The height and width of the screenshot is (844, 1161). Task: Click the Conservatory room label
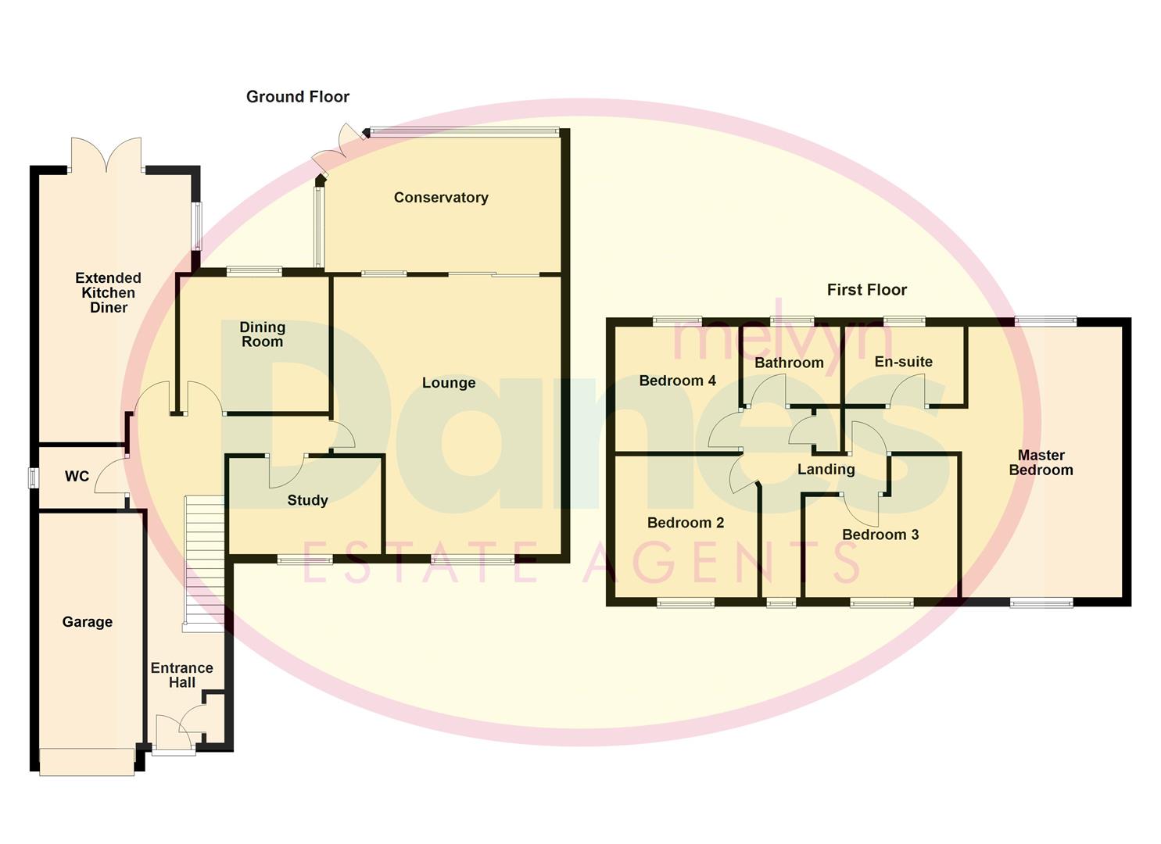tap(441, 198)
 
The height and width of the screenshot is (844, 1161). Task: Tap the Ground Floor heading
tap(297, 97)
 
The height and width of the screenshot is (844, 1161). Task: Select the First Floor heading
tap(866, 290)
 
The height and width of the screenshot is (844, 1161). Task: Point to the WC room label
tap(77, 477)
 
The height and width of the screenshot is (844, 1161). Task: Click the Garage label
tap(88, 622)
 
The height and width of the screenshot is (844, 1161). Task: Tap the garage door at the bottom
tap(87, 762)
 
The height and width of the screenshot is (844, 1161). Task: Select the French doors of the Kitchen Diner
tap(106, 154)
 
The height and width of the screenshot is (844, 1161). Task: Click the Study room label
tap(307, 501)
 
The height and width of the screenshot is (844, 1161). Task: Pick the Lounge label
tap(449, 383)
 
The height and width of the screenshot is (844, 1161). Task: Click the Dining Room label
tap(262, 334)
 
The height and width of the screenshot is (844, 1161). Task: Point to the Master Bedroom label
tap(1041, 463)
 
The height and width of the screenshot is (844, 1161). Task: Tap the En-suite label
tap(903, 362)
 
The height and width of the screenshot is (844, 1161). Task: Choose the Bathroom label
tap(789, 363)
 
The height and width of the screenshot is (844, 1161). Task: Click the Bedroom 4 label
tap(677, 381)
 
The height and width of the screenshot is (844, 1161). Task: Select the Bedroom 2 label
tap(686, 523)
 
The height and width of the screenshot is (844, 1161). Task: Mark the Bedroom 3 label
tap(880, 535)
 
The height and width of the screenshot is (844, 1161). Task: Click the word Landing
tap(826, 470)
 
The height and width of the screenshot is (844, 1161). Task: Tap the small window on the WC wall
tap(34, 477)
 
